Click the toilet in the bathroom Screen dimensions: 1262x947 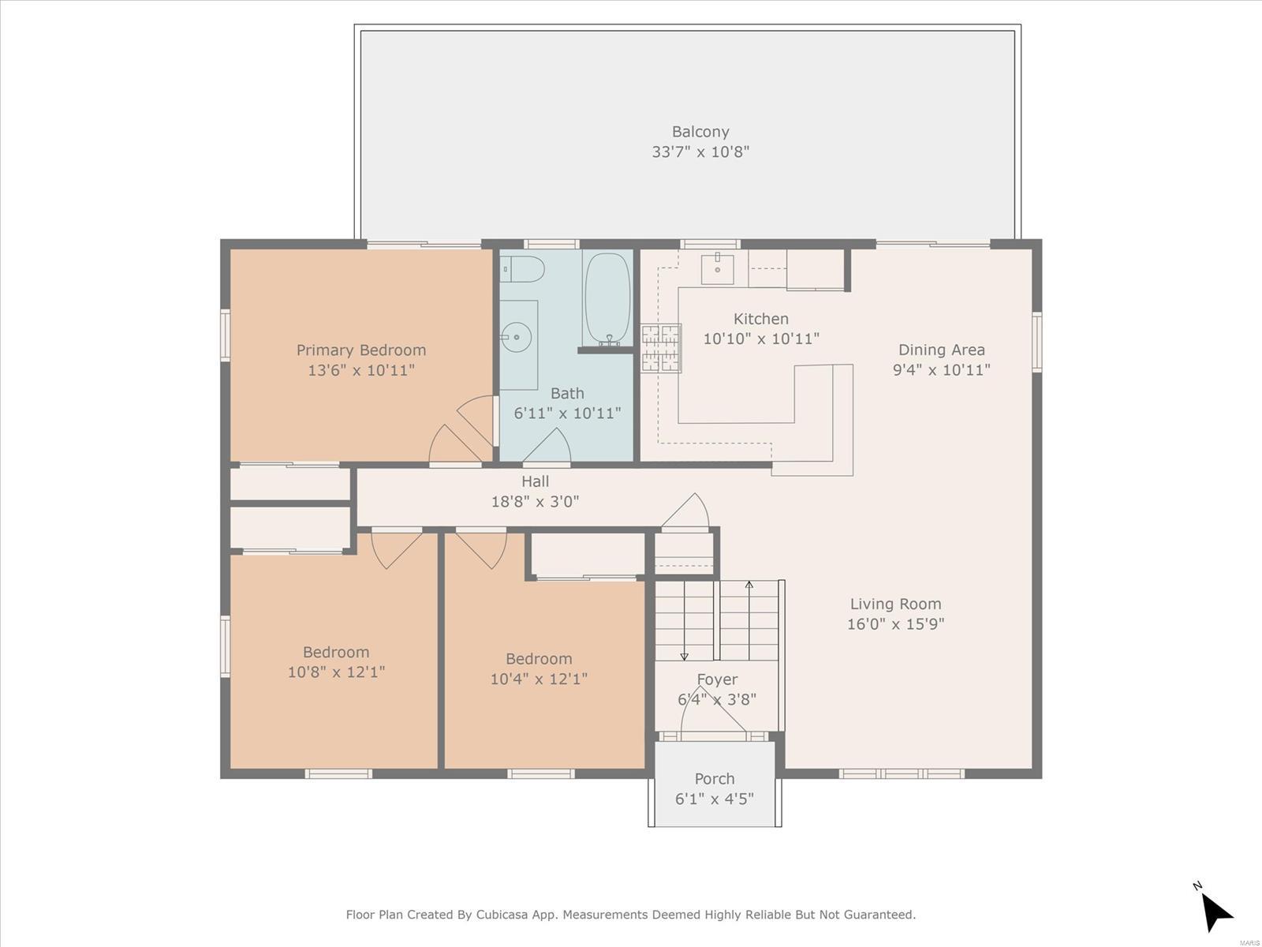pyautogui.click(x=522, y=269)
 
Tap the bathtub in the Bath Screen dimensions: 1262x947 pyautogui.click(x=607, y=300)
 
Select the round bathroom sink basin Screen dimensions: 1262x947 pyautogui.click(x=517, y=338)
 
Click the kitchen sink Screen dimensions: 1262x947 pyautogui.click(x=717, y=268)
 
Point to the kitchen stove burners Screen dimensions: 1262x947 pyautogui.click(x=661, y=348)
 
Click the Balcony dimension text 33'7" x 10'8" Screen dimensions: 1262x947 pyautogui.click(x=700, y=152)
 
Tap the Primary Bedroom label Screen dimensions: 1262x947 pyautogui.click(x=361, y=350)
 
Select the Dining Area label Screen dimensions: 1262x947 pyautogui.click(x=941, y=350)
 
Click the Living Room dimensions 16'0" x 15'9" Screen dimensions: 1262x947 pyautogui.click(x=896, y=624)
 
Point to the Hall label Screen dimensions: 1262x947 pyautogui.click(x=536, y=481)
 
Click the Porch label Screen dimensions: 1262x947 pyautogui.click(x=715, y=779)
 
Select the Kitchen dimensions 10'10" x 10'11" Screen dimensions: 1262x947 pyautogui.click(x=761, y=339)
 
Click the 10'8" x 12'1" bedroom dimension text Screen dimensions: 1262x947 pyautogui.click(x=336, y=672)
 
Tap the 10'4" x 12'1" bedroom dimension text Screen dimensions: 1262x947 pyautogui.click(x=539, y=679)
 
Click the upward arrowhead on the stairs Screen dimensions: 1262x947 pyautogui.click(x=749, y=585)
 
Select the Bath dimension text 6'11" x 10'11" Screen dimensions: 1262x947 pyautogui.click(x=567, y=413)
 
